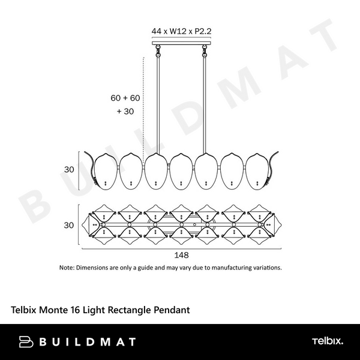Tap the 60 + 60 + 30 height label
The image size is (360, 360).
point(125,104)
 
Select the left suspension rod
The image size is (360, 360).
point(158,102)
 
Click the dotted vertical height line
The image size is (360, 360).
point(144,102)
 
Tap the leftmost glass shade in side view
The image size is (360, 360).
point(105,170)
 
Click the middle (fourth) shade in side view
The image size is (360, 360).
point(181,170)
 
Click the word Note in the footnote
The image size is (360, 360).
point(66,268)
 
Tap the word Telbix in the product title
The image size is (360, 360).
point(25,310)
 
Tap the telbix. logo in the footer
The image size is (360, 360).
point(327,342)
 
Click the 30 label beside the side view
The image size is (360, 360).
point(70,170)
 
